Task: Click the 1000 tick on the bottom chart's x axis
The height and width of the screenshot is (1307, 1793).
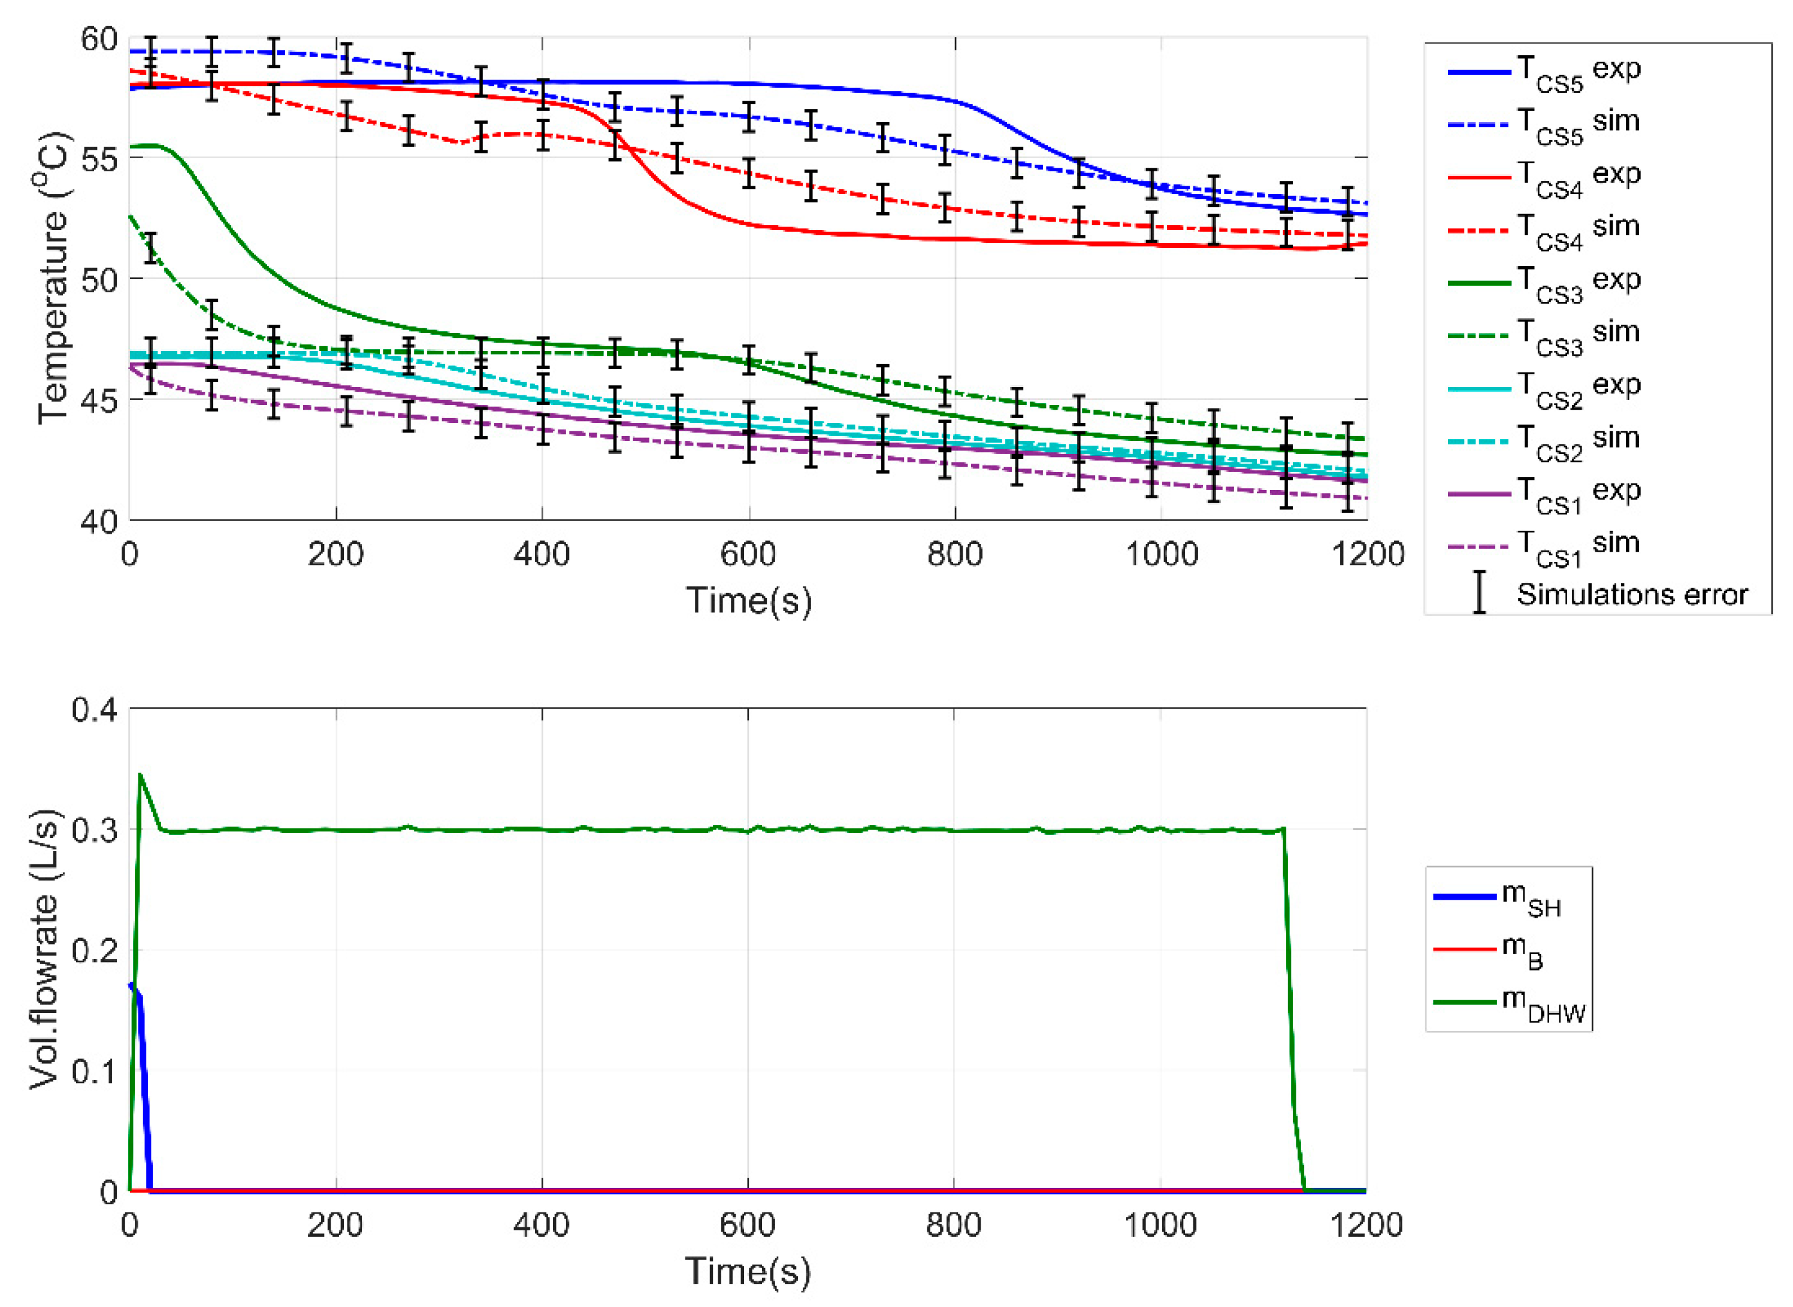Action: pyautogui.click(x=1160, y=1226)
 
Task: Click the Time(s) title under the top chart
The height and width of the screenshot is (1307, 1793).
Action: pyautogui.click(x=748, y=601)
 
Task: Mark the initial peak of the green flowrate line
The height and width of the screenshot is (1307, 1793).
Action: pyautogui.click(x=140, y=774)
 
